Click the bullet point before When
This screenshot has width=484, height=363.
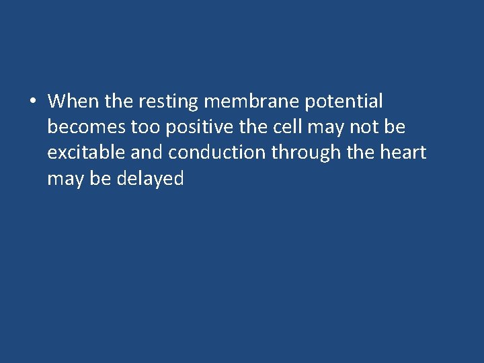point(33,102)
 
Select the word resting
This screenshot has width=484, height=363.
point(168,102)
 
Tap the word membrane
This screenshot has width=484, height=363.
point(251,102)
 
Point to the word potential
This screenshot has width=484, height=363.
point(344,102)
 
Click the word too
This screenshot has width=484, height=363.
point(140,127)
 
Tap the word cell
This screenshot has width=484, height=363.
point(288,127)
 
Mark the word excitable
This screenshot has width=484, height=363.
point(86,153)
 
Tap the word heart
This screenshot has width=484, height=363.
point(403,153)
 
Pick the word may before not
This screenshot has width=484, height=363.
point(325,127)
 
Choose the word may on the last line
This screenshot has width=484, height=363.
point(64,178)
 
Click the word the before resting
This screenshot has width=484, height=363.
point(119,102)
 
